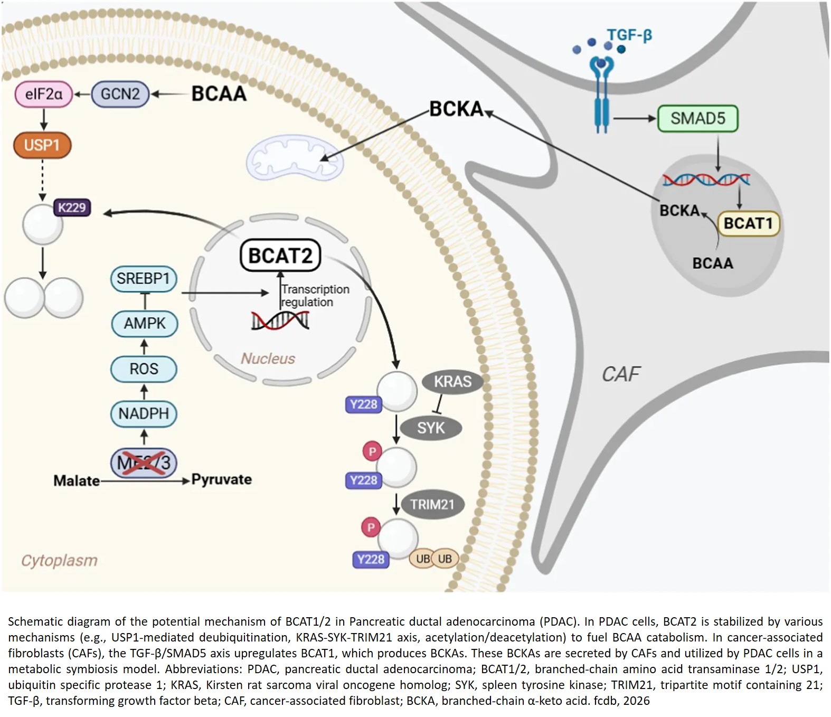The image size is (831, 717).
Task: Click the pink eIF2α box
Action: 43,95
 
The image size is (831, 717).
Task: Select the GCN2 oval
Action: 120,95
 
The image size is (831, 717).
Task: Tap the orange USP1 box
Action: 42,145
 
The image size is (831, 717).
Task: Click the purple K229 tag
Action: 72,207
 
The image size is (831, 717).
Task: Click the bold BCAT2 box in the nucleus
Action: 280,256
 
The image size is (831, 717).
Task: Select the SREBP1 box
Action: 144,279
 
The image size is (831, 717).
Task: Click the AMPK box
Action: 145,323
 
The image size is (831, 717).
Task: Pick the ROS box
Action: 144,369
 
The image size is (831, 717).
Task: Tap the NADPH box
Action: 144,413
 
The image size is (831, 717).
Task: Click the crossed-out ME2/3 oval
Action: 144,463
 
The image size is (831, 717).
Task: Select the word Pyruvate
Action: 221,479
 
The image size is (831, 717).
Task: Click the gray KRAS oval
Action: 452,382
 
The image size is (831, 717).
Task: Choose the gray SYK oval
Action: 431,428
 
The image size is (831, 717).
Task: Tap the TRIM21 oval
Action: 432,505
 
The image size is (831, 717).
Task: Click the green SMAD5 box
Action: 697,118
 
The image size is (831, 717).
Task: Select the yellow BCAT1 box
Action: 748,223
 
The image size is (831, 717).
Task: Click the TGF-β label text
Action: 629,35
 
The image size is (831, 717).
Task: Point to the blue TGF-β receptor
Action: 602,95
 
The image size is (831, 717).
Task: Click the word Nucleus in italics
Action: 268,358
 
